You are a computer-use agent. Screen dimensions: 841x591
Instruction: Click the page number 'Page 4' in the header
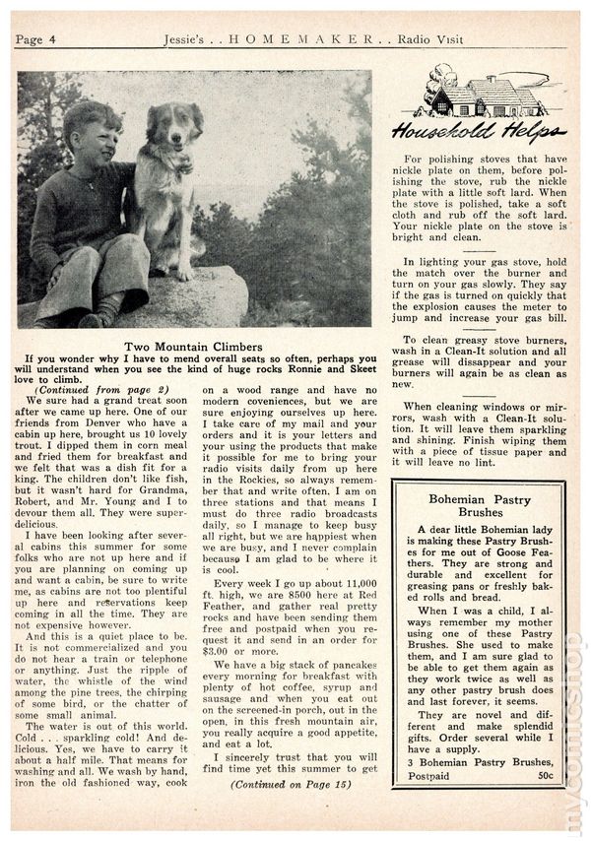tap(37, 38)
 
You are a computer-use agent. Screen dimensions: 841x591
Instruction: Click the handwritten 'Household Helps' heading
tap(479, 132)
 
